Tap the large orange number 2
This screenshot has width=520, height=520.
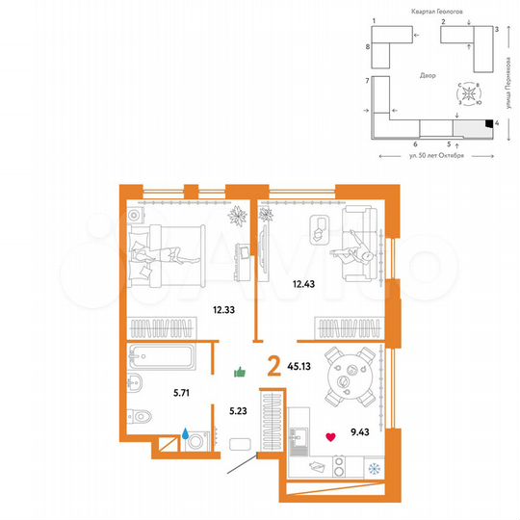pyautogui.click(x=273, y=366)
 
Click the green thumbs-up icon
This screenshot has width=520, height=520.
pyautogui.click(x=241, y=371)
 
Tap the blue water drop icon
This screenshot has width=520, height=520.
pyautogui.click(x=182, y=434)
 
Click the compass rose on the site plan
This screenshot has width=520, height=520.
pyautogui.click(x=468, y=94)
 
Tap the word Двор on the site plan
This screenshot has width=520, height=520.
pyautogui.click(x=428, y=75)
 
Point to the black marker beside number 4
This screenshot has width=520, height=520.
pyautogui.click(x=489, y=123)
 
